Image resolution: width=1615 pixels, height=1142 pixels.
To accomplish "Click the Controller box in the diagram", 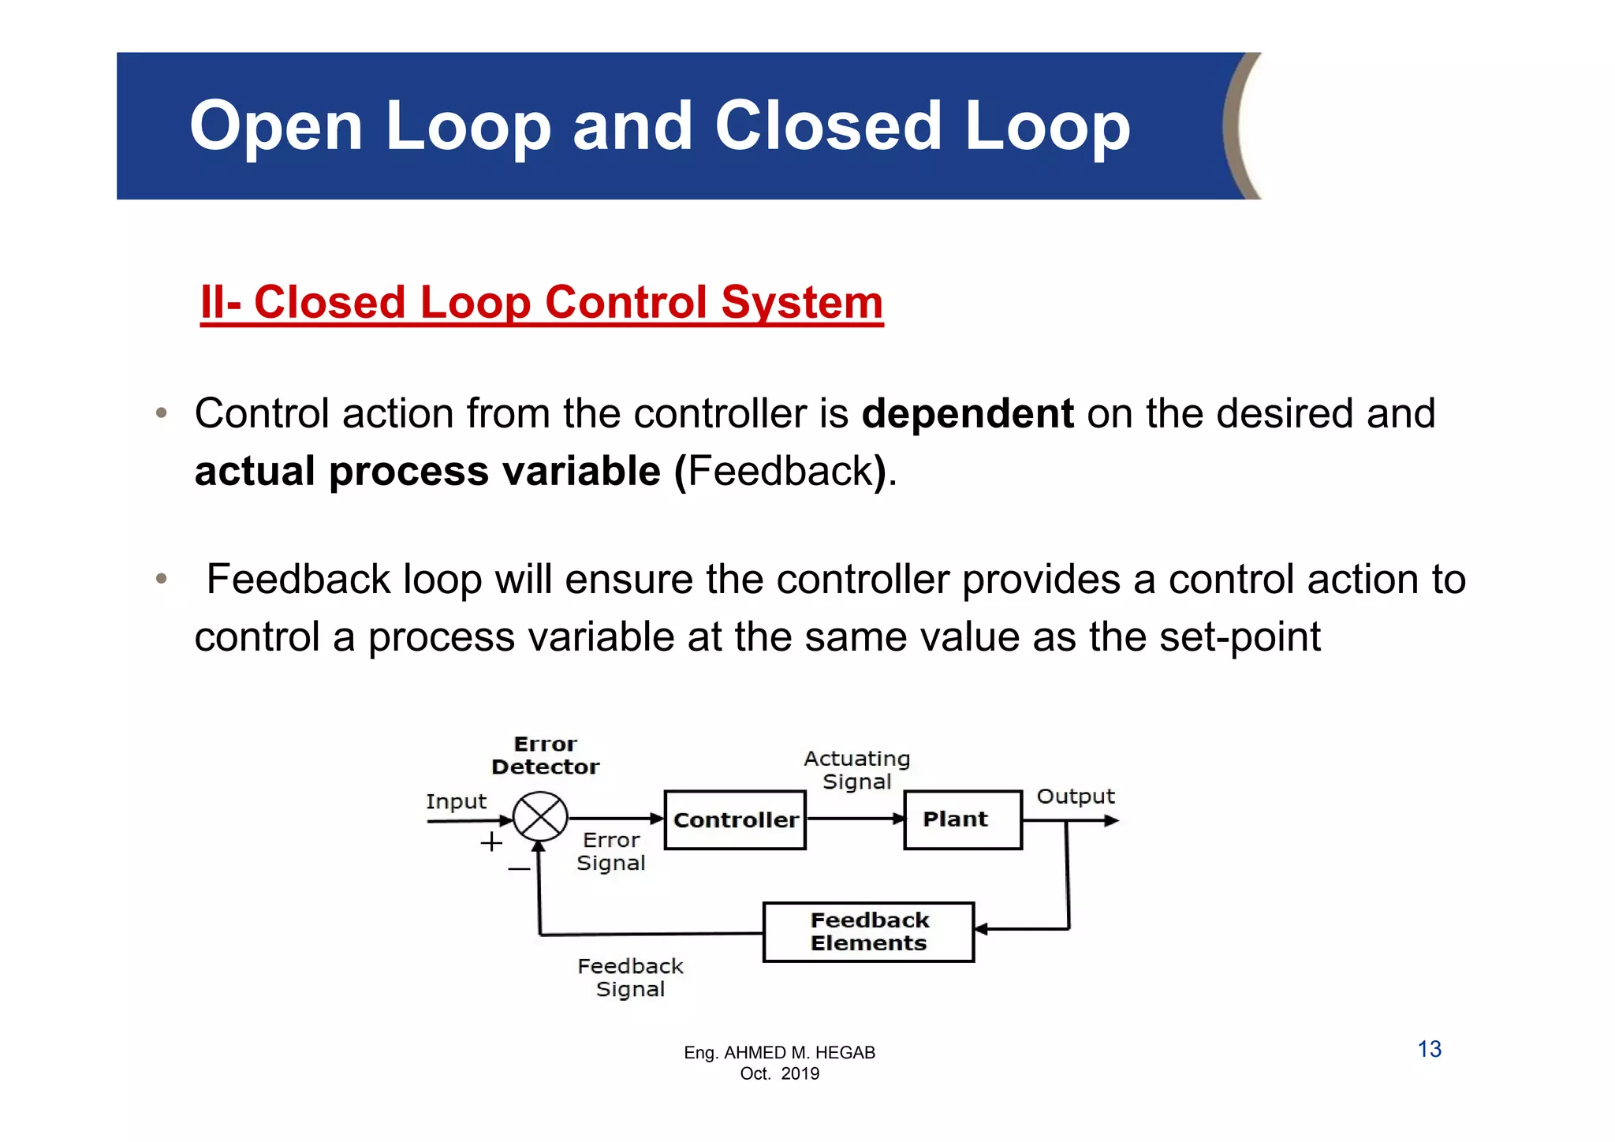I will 735,820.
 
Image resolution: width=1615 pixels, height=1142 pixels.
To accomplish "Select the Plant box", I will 962,820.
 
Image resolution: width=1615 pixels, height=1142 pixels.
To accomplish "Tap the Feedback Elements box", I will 868,932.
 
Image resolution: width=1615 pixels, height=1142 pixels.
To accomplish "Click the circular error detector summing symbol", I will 540,818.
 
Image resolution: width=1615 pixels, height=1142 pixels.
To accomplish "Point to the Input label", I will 456,802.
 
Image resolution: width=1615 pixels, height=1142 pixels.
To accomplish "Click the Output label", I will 1075,797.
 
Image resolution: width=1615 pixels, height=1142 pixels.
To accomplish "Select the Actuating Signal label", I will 856,770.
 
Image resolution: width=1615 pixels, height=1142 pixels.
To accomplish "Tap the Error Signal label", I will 611,852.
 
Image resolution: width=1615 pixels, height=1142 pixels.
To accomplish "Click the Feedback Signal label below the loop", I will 630,978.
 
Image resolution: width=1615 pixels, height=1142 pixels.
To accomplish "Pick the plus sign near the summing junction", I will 491,842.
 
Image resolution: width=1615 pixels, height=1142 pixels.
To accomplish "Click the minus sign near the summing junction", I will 519,869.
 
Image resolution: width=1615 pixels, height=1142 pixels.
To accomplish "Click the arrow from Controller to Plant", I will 855,819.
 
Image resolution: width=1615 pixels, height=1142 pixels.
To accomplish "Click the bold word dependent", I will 967,413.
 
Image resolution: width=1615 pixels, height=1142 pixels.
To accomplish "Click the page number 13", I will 1429,1049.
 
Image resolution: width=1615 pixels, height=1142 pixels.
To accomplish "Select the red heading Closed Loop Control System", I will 542,303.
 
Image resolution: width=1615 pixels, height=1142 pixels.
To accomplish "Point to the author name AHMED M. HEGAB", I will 799,1053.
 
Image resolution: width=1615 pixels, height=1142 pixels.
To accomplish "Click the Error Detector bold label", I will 545,756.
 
